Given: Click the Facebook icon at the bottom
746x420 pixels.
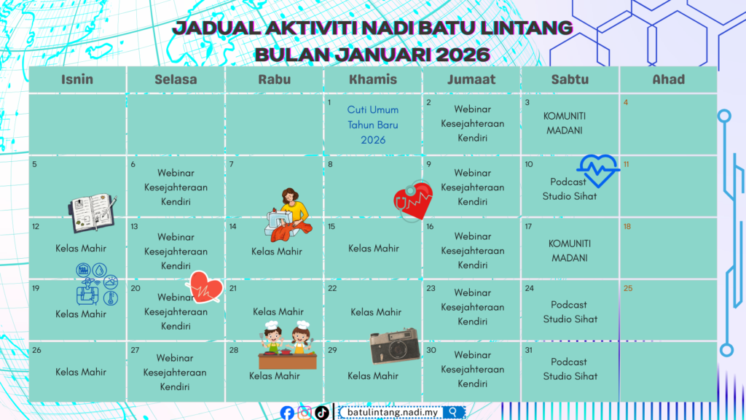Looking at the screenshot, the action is click(x=287, y=413).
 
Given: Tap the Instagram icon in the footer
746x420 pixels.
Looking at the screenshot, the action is click(x=305, y=413).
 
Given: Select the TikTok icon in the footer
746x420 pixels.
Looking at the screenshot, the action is click(x=321, y=413).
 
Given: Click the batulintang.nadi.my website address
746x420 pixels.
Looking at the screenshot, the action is click(x=393, y=413).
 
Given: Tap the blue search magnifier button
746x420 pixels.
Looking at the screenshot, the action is click(x=453, y=412).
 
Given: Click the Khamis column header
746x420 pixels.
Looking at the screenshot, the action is click(x=373, y=79).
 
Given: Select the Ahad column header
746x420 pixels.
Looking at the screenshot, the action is click(x=669, y=79).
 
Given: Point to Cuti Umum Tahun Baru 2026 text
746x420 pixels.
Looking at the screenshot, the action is click(x=373, y=125).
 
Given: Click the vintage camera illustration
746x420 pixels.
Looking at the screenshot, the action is click(x=394, y=345).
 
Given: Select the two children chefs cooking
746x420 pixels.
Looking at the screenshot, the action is click(x=287, y=345).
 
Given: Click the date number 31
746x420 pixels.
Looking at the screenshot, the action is click(x=529, y=351).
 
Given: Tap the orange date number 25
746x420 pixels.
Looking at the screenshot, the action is click(x=628, y=289).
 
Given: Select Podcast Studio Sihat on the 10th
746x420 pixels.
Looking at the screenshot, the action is click(x=569, y=189).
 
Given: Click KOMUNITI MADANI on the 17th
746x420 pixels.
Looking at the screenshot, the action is click(x=570, y=251).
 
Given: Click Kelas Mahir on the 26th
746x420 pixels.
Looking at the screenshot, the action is click(x=81, y=372).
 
